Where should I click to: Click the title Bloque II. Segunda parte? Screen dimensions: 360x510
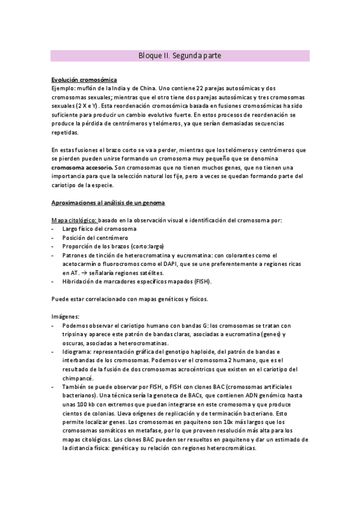[180, 55]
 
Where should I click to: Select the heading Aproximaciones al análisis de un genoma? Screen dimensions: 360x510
[112, 203]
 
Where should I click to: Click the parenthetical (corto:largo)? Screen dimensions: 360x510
[143, 247]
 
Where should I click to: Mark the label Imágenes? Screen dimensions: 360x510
[66, 316]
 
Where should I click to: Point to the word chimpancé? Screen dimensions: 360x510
[78, 378]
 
